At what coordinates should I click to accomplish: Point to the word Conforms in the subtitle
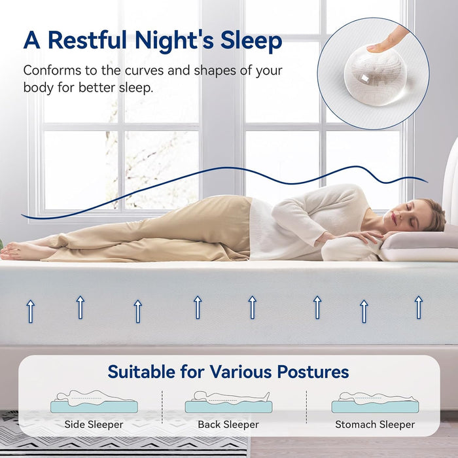(x=50, y=70)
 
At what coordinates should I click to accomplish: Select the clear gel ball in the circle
(x=375, y=77)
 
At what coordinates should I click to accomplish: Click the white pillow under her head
(x=419, y=243)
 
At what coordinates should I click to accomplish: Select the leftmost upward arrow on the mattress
(x=30, y=311)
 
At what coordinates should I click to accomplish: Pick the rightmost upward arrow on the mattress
(x=418, y=307)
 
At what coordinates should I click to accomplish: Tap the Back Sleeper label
(x=228, y=424)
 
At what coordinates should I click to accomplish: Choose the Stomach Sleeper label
(x=375, y=424)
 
